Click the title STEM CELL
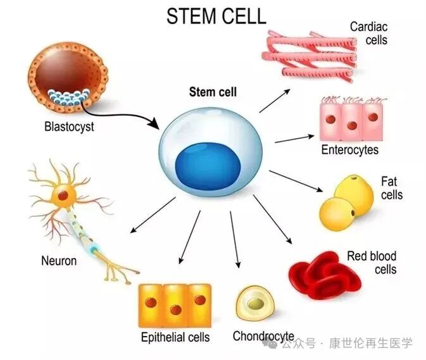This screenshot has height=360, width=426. click(216, 16)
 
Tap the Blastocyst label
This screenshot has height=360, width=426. click(69, 127)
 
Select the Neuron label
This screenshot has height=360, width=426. click(59, 260)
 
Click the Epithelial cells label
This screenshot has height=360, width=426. click(175, 337)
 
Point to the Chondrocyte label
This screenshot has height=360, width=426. click(263, 336)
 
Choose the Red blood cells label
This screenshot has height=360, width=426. click(372, 263)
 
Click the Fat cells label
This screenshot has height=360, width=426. click(391, 189)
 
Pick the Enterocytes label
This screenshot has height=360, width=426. click(349, 150)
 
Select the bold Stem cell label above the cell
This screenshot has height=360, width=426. click(213, 92)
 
